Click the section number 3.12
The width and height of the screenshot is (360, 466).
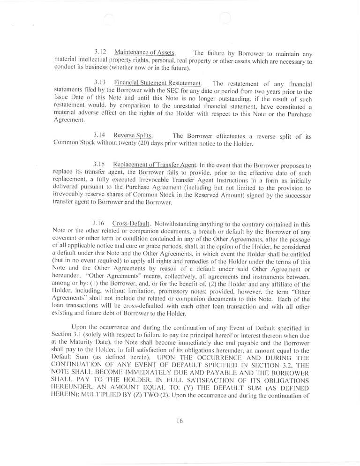point(99,52)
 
